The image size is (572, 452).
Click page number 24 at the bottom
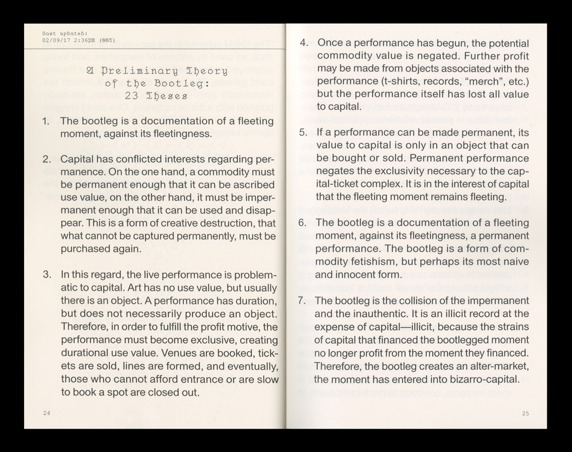[x=46, y=413]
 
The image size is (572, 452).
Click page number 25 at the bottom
[x=526, y=413]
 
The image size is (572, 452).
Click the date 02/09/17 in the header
[x=55, y=40]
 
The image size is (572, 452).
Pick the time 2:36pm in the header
[x=84, y=40]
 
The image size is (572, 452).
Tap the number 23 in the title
[x=132, y=96]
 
